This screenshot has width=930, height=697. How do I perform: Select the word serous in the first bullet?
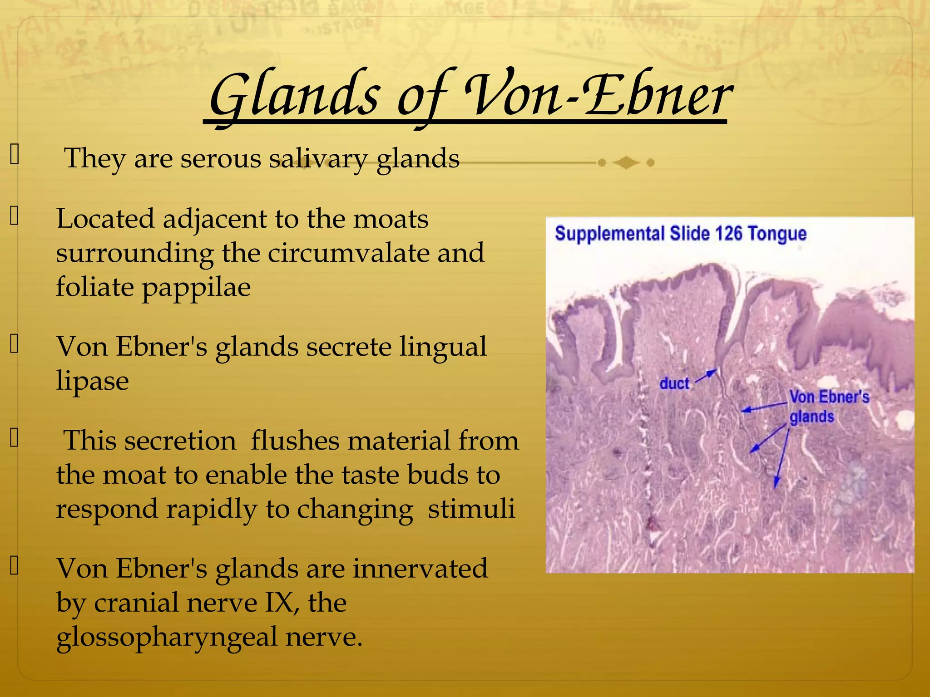coord(221,159)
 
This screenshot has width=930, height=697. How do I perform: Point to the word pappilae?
coord(196,288)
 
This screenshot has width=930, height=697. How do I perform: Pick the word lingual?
coord(443,347)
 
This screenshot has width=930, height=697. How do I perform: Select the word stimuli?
coord(471,509)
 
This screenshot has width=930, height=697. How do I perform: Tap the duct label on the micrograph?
coord(674,383)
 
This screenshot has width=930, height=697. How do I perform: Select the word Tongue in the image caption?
coord(777,234)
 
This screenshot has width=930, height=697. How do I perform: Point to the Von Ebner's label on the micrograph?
coord(829,397)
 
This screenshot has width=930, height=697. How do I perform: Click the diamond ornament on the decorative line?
coord(626,162)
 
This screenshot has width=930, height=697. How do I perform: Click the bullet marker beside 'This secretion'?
coord(14,437)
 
